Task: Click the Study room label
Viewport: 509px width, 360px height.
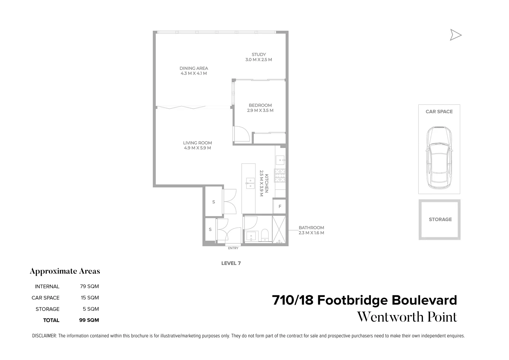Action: (259, 55)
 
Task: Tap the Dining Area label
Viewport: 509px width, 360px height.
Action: (193, 68)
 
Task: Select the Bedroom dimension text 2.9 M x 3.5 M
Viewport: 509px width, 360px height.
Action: (260, 111)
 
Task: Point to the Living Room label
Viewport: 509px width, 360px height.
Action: (197, 143)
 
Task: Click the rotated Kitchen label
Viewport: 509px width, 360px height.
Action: (267, 184)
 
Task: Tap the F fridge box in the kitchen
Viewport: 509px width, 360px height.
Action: (280, 206)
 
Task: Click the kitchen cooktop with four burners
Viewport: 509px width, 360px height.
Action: (280, 175)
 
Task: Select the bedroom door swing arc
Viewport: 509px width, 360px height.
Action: (242, 134)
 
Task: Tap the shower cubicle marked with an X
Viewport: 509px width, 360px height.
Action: (280, 230)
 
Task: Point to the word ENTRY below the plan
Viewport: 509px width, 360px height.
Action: (233, 248)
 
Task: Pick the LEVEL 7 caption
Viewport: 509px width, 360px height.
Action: (231, 263)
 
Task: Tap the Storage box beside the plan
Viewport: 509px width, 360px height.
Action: (440, 220)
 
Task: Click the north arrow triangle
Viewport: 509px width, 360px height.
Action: (455, 35)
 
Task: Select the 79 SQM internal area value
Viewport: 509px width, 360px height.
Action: (89, 286)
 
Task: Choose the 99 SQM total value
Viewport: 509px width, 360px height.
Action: (89, 320)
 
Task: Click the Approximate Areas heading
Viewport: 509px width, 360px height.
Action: (65, 271)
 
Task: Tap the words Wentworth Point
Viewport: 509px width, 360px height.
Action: (407, 317)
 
